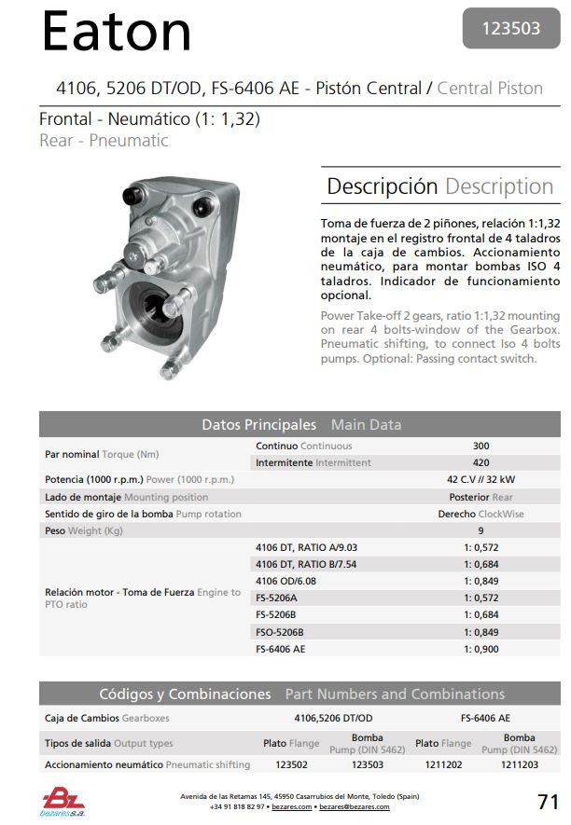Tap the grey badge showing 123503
pyautogui.click(x=511, y=28)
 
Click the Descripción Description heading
pyautogui.click(x=439, y=186)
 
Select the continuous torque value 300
pyautogui.click(x=480, y=447)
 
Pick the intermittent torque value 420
pyautogui.click(x=480, y=462)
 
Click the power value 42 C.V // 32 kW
pyautogui.click(x=480, y=479)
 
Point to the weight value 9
pyautogui.click(x=480, y=530)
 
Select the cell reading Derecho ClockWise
pyautogui.click(x=480, y=514)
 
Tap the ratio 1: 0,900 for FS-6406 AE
pyautogui.click(x=481, y=649)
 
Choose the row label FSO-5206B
pyautogui.click(x=280, y=632)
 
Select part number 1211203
pyautogui.click(x=519, y=764)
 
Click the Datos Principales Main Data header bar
pyautogui.click(x=300, y=424)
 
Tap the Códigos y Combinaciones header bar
pyautogui.click(x=300, y=694)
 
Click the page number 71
pyautogui.click(x=548, y=801)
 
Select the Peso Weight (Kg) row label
pyautogui.click(x=84, y=530)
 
